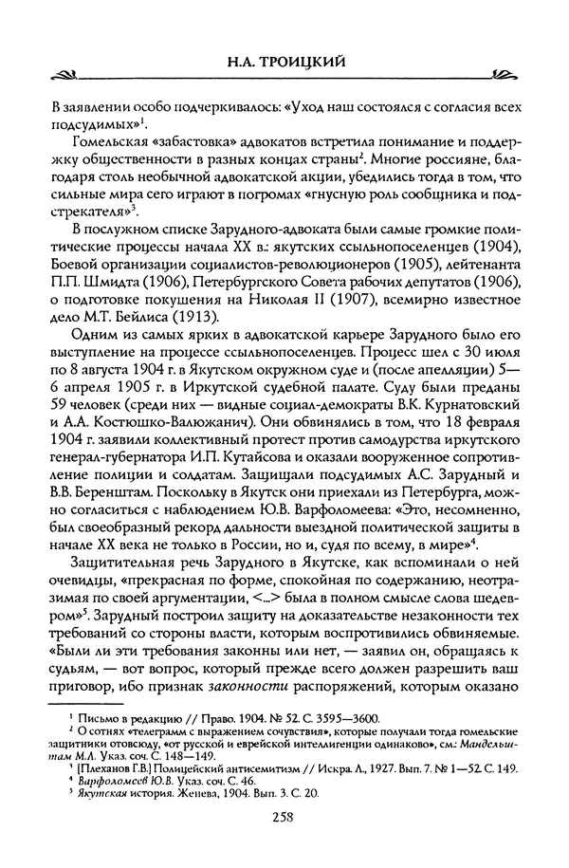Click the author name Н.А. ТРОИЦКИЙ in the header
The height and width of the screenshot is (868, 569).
click(x=284, y=62)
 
